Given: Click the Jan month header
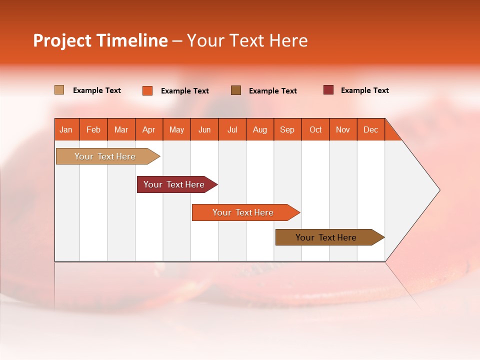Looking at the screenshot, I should [66, 129].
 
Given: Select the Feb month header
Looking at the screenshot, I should [93, 129].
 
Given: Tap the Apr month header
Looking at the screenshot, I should [149, 129].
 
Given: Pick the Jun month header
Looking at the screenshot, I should [204, 129].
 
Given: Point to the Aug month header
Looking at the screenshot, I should [260, 129].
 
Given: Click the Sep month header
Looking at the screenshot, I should [287, 129].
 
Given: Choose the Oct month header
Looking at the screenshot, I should [315, 129].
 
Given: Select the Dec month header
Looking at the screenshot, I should [371, 129].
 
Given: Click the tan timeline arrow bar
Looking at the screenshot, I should [105, 156].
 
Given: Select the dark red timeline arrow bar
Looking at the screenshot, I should [174, 184].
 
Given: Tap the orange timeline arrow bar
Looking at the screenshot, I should [243, 212].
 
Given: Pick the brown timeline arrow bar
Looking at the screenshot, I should [326, 237].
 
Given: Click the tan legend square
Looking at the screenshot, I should [59, 90].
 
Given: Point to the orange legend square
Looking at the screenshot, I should [147, 90].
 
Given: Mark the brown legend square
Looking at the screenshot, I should [236, 90].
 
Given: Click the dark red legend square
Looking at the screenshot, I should [328, 90].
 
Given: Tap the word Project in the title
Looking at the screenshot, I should [62, 40].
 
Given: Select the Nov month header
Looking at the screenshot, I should [343, 129].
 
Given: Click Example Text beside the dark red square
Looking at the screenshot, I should [365, 90].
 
